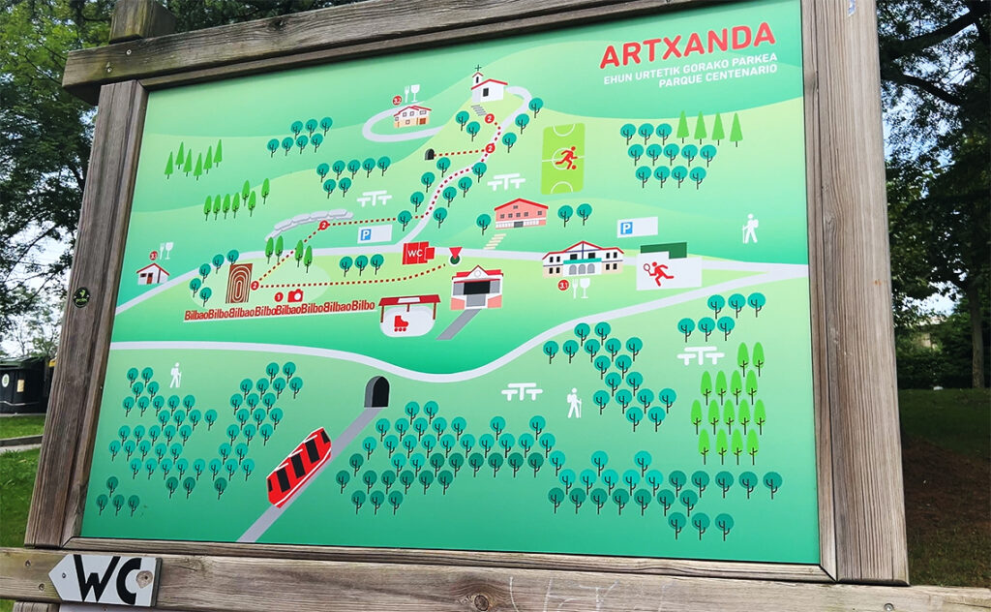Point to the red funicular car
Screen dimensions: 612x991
[298, 467]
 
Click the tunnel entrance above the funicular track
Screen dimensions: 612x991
[376, 392]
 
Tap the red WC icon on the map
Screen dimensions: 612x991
[418, 254]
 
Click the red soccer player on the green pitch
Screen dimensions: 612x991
[565, 157]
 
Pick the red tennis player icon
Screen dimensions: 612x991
[661, 272]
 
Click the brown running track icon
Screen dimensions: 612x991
[238, 283]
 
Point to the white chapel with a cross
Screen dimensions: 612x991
[489, 87]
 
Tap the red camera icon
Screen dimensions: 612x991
[295, 295]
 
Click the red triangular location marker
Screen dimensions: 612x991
[455, 255]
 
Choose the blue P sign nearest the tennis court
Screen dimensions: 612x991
[636, 228]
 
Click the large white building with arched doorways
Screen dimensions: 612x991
[582, 260]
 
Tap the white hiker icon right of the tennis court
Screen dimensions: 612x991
[749, 229]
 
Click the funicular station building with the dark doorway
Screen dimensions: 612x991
[476, 288]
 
